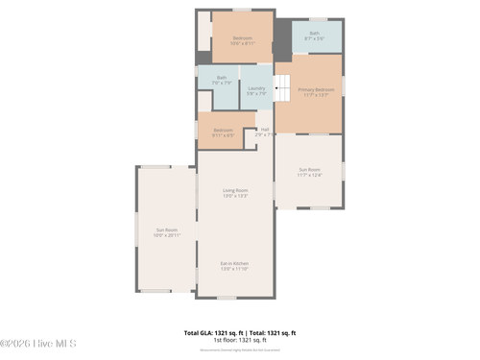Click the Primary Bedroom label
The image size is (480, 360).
click(309, 89)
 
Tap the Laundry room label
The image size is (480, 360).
click(256, 88)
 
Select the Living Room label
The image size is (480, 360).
click(235, 190)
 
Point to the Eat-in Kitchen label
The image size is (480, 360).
click(235, 263)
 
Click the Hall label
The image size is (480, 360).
click(265, 129)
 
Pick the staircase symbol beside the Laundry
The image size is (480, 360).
click(282, 88)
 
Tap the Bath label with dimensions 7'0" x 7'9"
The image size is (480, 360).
click(222, 78)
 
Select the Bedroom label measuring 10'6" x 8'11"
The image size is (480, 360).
click(242, 37)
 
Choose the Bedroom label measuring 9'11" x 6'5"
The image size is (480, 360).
click(223, 130)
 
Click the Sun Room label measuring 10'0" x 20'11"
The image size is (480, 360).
click(167, 229)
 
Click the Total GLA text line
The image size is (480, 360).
click(239, 332)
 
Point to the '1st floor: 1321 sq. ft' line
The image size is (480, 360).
click(239, 339)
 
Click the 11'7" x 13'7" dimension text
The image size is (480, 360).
click(309, 95)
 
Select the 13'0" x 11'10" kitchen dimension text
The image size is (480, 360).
click(235, 269)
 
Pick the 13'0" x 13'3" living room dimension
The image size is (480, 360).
click(235, 196)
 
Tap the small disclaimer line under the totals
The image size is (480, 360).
click(239, 348)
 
